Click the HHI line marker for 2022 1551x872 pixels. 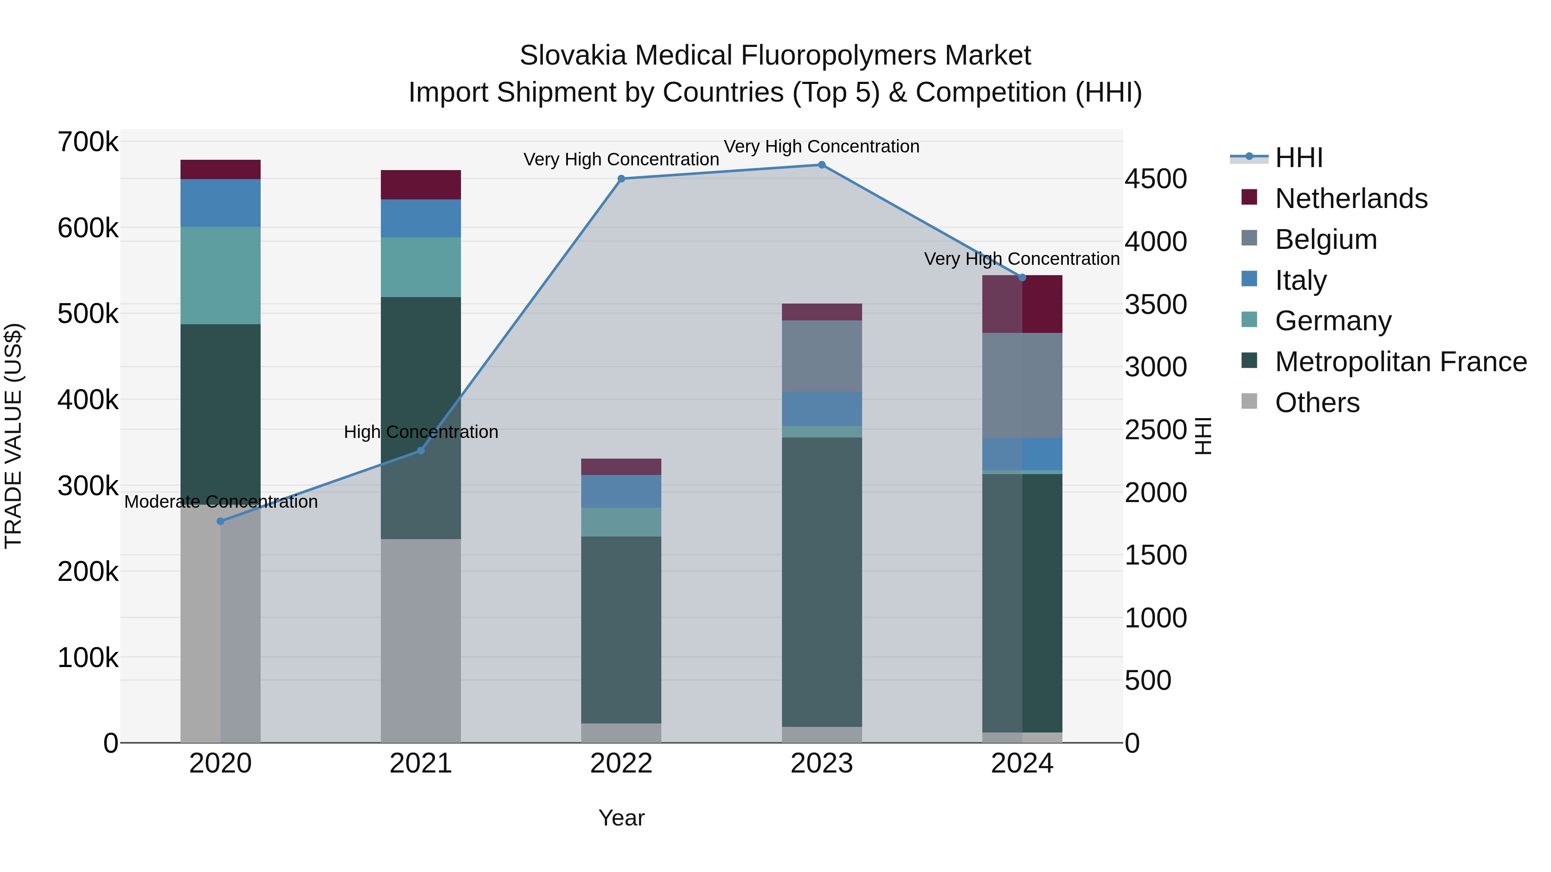[x=621, y=179]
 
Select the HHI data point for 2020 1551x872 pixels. [x=220, y=521]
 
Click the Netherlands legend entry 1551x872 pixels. [x=1351, y=199]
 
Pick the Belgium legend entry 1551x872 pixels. [x=1325, y=239]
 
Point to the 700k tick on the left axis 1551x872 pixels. [x=88, y=143]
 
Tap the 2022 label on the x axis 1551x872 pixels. [x=621, y=763]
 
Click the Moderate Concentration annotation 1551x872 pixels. [x=221, y=502]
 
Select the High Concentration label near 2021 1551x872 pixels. [x=421, y=432]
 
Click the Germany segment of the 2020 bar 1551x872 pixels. [x=220, y=276]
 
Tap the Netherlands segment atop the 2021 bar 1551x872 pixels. [x=421, y=185]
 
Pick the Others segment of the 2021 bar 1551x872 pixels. [x=421, y=640]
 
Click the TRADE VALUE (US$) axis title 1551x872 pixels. [x=13, y=436]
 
